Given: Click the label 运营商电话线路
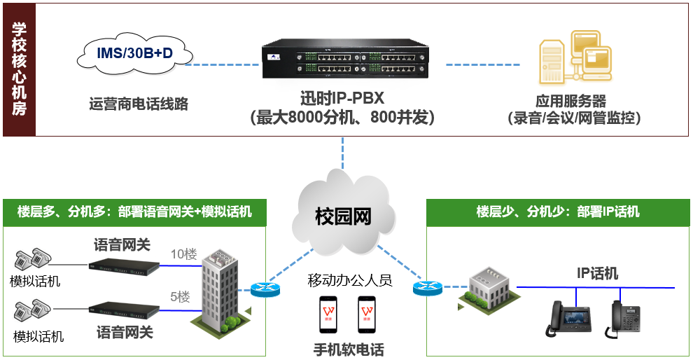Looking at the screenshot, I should [x=139, y=104].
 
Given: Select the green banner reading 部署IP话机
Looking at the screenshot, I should [x=557, y=212].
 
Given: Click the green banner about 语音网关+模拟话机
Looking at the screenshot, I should [x=135, y=212].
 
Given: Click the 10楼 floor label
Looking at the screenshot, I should [x=184, y=254].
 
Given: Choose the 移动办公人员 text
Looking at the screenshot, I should [x=349, y=280].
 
